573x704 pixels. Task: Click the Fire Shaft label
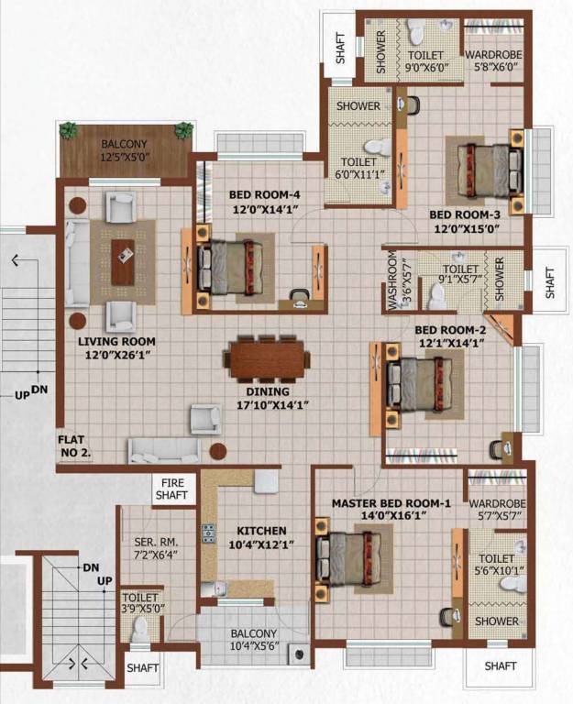pos(173,489)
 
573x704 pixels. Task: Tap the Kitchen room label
pos(261,531)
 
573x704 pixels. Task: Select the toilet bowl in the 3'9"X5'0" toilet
pos(140,628)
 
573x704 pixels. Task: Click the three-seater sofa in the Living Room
pos(78,263)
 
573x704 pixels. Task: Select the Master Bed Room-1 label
pos(391,503)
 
